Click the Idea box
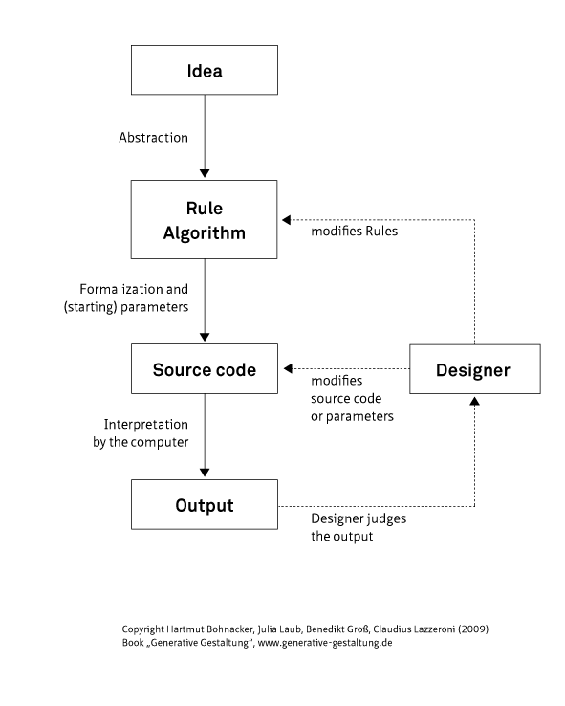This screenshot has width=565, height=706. [x=204, y=72]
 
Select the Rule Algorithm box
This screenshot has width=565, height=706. [x=204, y=220]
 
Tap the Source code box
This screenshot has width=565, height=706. [x=204, y=369]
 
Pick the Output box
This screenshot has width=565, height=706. [x=204, y=505]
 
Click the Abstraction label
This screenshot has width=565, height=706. [x=153, y=137]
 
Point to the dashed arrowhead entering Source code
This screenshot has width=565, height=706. [x=285, y=369]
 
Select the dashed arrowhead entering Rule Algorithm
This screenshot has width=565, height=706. [x=285, y=219]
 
